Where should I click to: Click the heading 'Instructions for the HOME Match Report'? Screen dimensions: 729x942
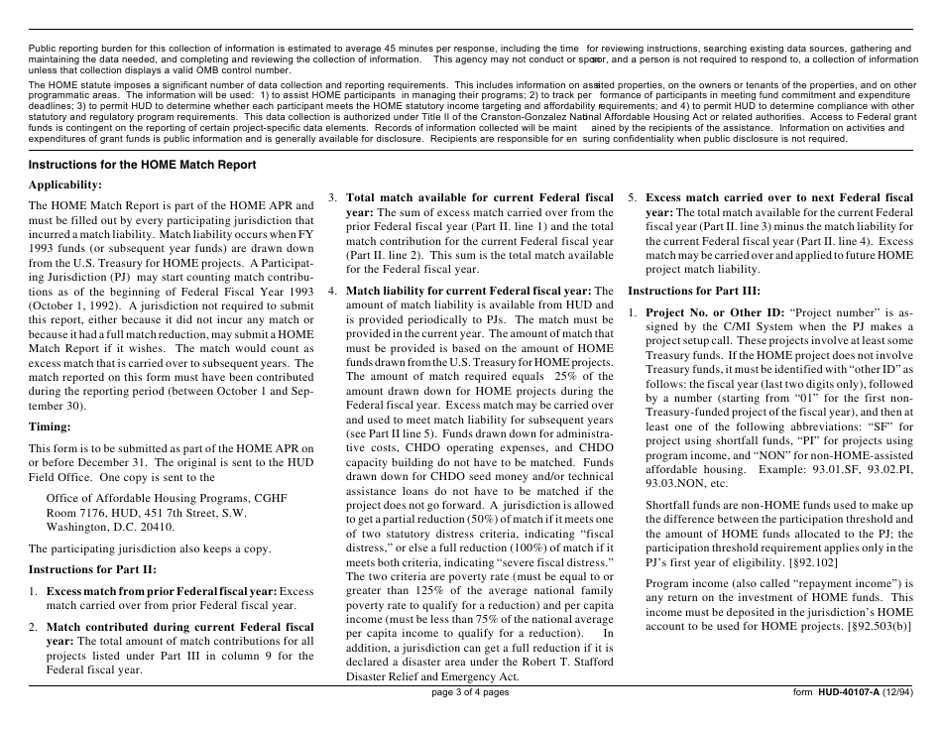pos(142,165)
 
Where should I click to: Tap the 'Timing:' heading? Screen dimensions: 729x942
pos(50,426)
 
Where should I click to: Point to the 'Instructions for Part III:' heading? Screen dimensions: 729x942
pos(694,291)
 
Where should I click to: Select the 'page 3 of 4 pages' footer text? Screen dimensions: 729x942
pos(471,692)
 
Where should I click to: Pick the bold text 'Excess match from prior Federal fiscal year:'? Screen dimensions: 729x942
pos(161,591)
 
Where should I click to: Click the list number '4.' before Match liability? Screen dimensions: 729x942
pos(333,291)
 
